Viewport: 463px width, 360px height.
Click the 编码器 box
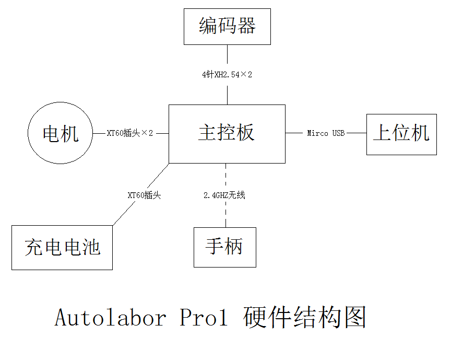[x=227, y=27]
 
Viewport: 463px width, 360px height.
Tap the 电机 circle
[x=60, y=133]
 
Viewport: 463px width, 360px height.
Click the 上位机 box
[x=401, y=134]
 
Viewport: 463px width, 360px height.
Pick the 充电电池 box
[x=62, y=247]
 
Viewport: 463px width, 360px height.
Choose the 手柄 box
[x=225, y=247]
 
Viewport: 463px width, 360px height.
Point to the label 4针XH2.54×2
[x=227, y=75]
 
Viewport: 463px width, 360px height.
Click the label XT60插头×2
[x=130, y=133]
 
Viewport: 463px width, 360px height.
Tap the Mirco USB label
[x=326, y=133]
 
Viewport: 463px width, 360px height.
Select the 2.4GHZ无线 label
[x=224, y=195]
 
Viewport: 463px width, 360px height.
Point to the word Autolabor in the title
[x=111, y=318]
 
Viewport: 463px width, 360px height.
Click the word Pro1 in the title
[x=204, y=318]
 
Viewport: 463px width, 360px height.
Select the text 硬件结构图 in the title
[x=305, y=318]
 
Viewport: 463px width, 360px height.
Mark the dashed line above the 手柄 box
[x=226, y=214]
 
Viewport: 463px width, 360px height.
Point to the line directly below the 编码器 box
[x=227, y=55]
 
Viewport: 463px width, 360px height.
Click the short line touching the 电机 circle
[x=99, y=133]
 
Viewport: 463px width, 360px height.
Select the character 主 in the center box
[x=207, y=133]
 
